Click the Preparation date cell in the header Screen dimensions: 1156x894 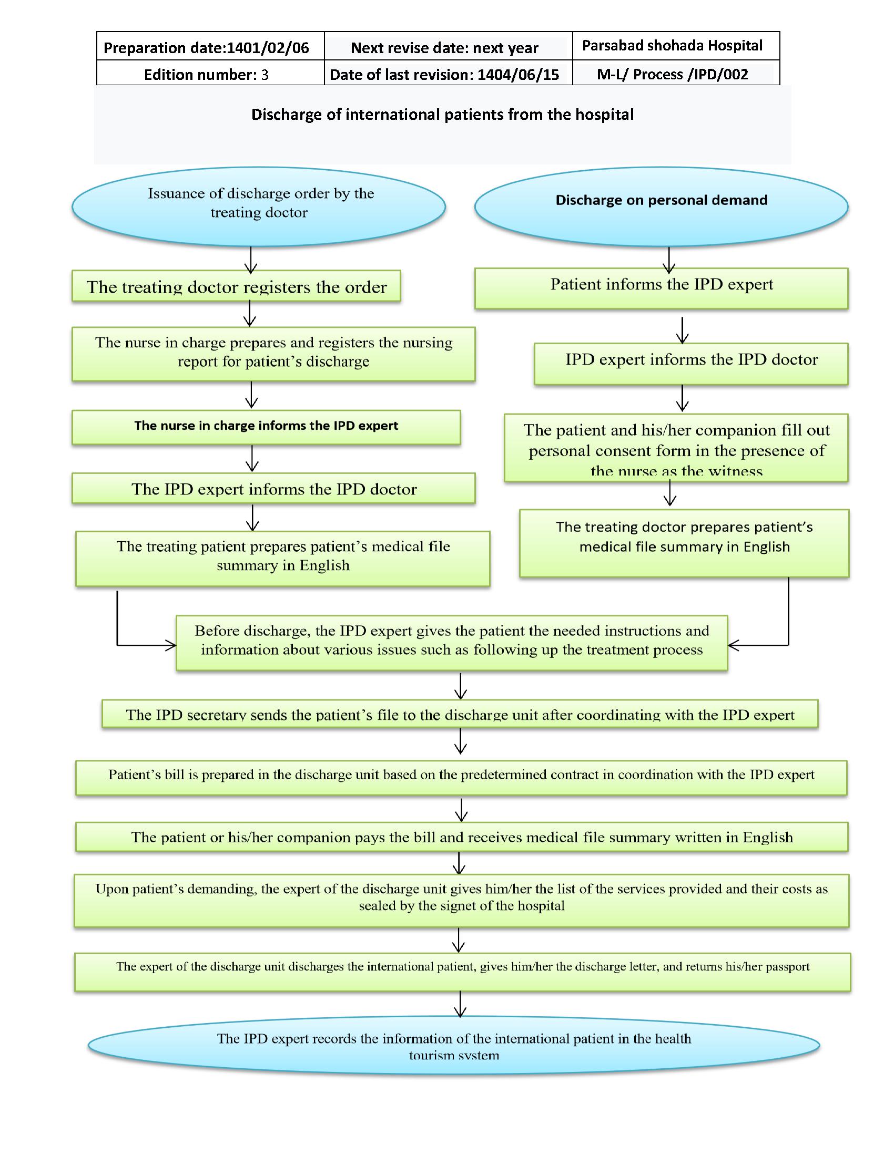tap(207, 48)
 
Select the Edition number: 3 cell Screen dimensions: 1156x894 tap(207, 74)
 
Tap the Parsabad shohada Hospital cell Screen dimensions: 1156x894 tap(672, 46)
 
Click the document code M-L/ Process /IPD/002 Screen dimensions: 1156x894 tap(672, 74)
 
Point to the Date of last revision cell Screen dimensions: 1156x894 tap(444, 74)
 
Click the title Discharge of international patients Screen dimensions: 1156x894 tap(442, 115)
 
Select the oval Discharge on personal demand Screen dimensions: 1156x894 tap(661, 207)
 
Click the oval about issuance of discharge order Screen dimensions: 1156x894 tap(258, 207)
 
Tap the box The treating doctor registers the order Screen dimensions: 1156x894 tap(236, 286)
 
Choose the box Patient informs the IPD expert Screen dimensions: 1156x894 tap(661, 288)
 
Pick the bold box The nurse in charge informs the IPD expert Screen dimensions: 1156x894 tap(266, 427)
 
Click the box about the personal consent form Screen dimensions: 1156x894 tap(676, 448)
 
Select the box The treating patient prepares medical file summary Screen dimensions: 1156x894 tap(283, 558)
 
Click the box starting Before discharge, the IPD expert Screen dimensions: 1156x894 tap(451, 642)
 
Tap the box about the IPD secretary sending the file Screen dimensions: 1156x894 tap(460, 714)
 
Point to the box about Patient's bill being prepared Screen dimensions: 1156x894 tap(461, 777)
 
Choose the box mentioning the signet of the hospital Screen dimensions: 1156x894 tap(461, 900)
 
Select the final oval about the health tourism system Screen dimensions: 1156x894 tap(454, 1045)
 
